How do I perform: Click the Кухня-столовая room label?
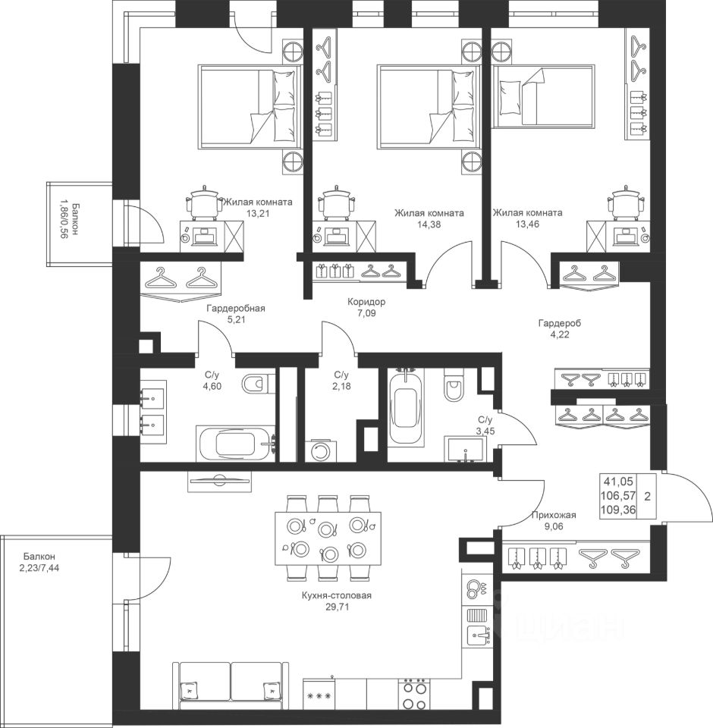[336, 595]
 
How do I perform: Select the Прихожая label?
[554, 515]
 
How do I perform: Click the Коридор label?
[366, 302]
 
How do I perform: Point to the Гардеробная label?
[236, 308]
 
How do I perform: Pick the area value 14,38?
[429, 224]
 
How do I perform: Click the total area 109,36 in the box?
[618, 510]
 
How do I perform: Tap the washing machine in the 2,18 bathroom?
[319, 450]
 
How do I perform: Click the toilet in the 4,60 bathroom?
[255, 384]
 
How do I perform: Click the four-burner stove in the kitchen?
[415, 693]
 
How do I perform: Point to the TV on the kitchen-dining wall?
[220, 481]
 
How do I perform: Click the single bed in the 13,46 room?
[543, 96]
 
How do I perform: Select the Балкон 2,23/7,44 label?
[39, 561]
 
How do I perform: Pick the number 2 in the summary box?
[647, 496]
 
